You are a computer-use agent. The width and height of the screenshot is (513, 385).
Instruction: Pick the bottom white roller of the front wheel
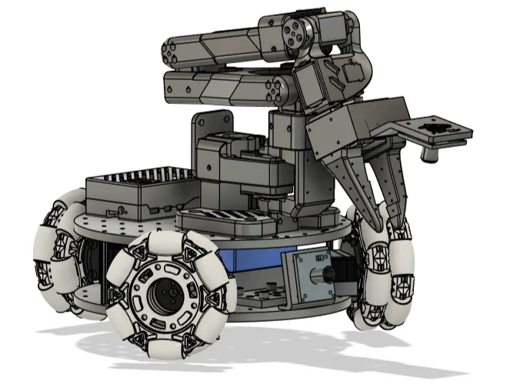point(171,344)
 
